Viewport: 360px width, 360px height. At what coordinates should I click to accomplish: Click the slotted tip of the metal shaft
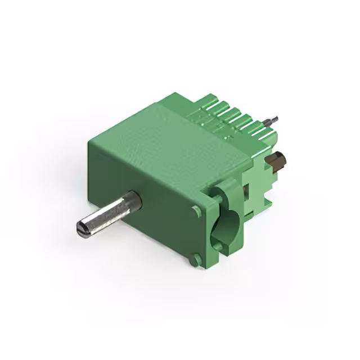81,228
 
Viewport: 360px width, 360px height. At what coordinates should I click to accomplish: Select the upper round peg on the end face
196,211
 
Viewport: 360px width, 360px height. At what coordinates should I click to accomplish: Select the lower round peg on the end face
195,260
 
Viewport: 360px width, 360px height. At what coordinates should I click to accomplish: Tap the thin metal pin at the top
272,120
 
